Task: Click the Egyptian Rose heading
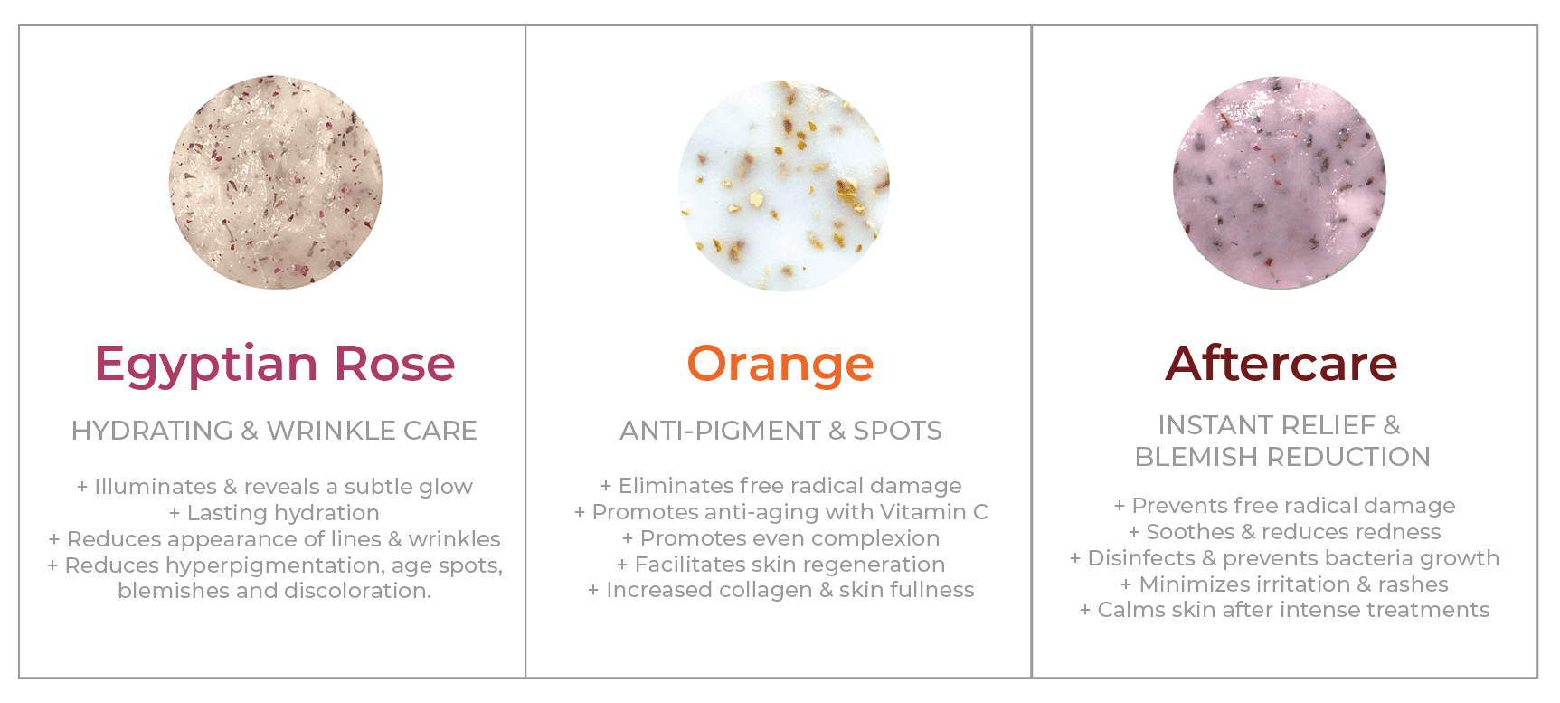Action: pos(274,364)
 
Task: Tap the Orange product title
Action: pos(780,364)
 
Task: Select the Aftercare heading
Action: pos(1281,364)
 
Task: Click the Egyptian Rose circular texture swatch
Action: pos(276,183)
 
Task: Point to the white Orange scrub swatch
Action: pos(784,185)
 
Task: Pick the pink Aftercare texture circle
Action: pos(1279,182)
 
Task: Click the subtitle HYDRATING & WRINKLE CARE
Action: pos(274,431)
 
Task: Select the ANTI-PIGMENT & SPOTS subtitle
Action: pos(780,431)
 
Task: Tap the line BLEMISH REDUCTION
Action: pos(1282,457)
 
